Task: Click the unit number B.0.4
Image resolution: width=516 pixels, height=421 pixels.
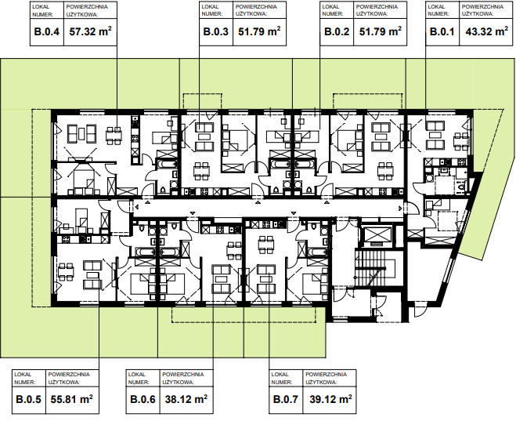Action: point(47,32)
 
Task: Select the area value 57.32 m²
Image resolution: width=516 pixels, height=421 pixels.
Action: point(91,31)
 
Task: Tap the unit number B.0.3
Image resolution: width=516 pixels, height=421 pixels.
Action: point(216,32)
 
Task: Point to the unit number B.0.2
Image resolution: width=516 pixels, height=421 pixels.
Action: point(337,32)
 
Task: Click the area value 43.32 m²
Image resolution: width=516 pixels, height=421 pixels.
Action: point(487,31)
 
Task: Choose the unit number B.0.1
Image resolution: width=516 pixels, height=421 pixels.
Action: point(442,32)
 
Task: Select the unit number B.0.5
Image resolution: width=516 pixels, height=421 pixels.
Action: point(29,400)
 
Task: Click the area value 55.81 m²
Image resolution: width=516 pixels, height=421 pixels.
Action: point(72,399)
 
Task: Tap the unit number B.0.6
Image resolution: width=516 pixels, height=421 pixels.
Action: point(143,400)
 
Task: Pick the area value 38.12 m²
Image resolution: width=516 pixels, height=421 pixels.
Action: point(186,399)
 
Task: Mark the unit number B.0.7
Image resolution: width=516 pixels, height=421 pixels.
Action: point(286,400)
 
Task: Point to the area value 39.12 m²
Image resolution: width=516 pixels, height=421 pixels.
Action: point(330,399)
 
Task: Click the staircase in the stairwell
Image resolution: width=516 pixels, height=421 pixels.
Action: point(375,267)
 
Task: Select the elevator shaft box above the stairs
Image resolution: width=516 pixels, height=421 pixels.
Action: point(377,236)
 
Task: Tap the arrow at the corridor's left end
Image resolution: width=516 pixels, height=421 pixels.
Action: point(136,207)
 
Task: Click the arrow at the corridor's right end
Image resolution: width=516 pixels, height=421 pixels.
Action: point(400,209)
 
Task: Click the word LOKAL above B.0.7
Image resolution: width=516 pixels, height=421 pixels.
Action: point(280,375)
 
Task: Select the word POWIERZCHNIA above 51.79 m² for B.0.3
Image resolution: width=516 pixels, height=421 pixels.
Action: point(256,6)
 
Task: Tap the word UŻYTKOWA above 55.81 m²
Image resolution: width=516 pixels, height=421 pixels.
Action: point(64,382)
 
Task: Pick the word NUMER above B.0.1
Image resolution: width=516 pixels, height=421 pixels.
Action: point(438,14)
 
